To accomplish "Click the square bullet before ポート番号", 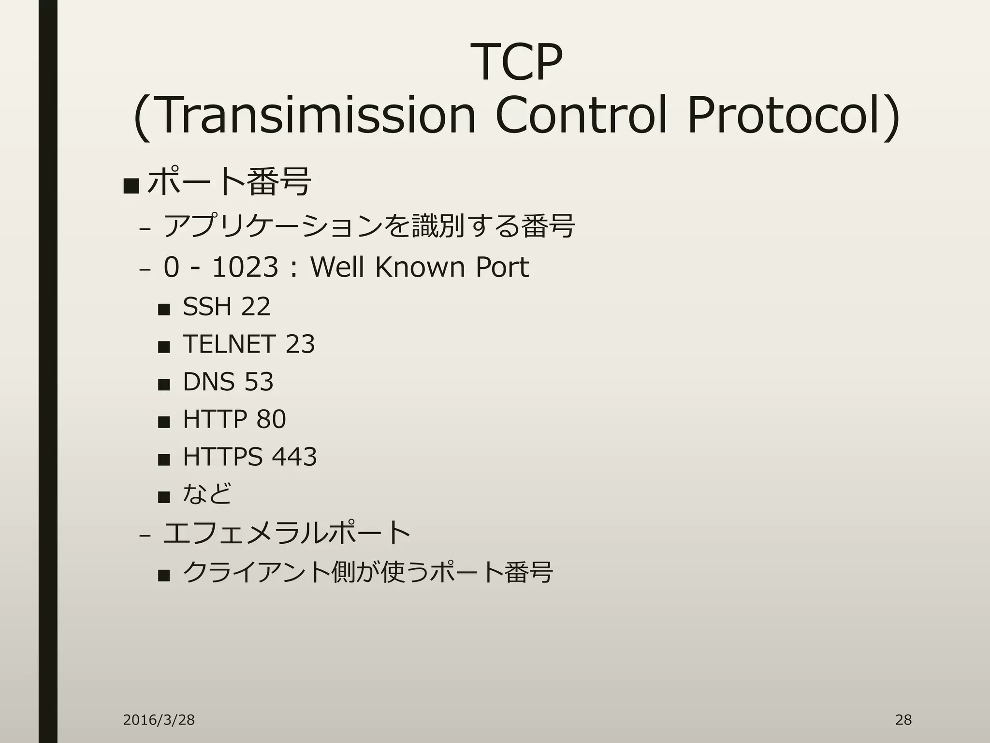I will (131, 185).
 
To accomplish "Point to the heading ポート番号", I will (229, 182).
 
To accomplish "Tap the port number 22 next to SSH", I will (255, 307).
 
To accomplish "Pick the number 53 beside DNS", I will (259, 382).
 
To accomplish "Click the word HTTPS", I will (222, 457).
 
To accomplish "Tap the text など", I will (207, 494).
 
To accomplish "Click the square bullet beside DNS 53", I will (164, 384).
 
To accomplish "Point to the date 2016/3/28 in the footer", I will (159, 720).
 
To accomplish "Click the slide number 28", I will (903, 720).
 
